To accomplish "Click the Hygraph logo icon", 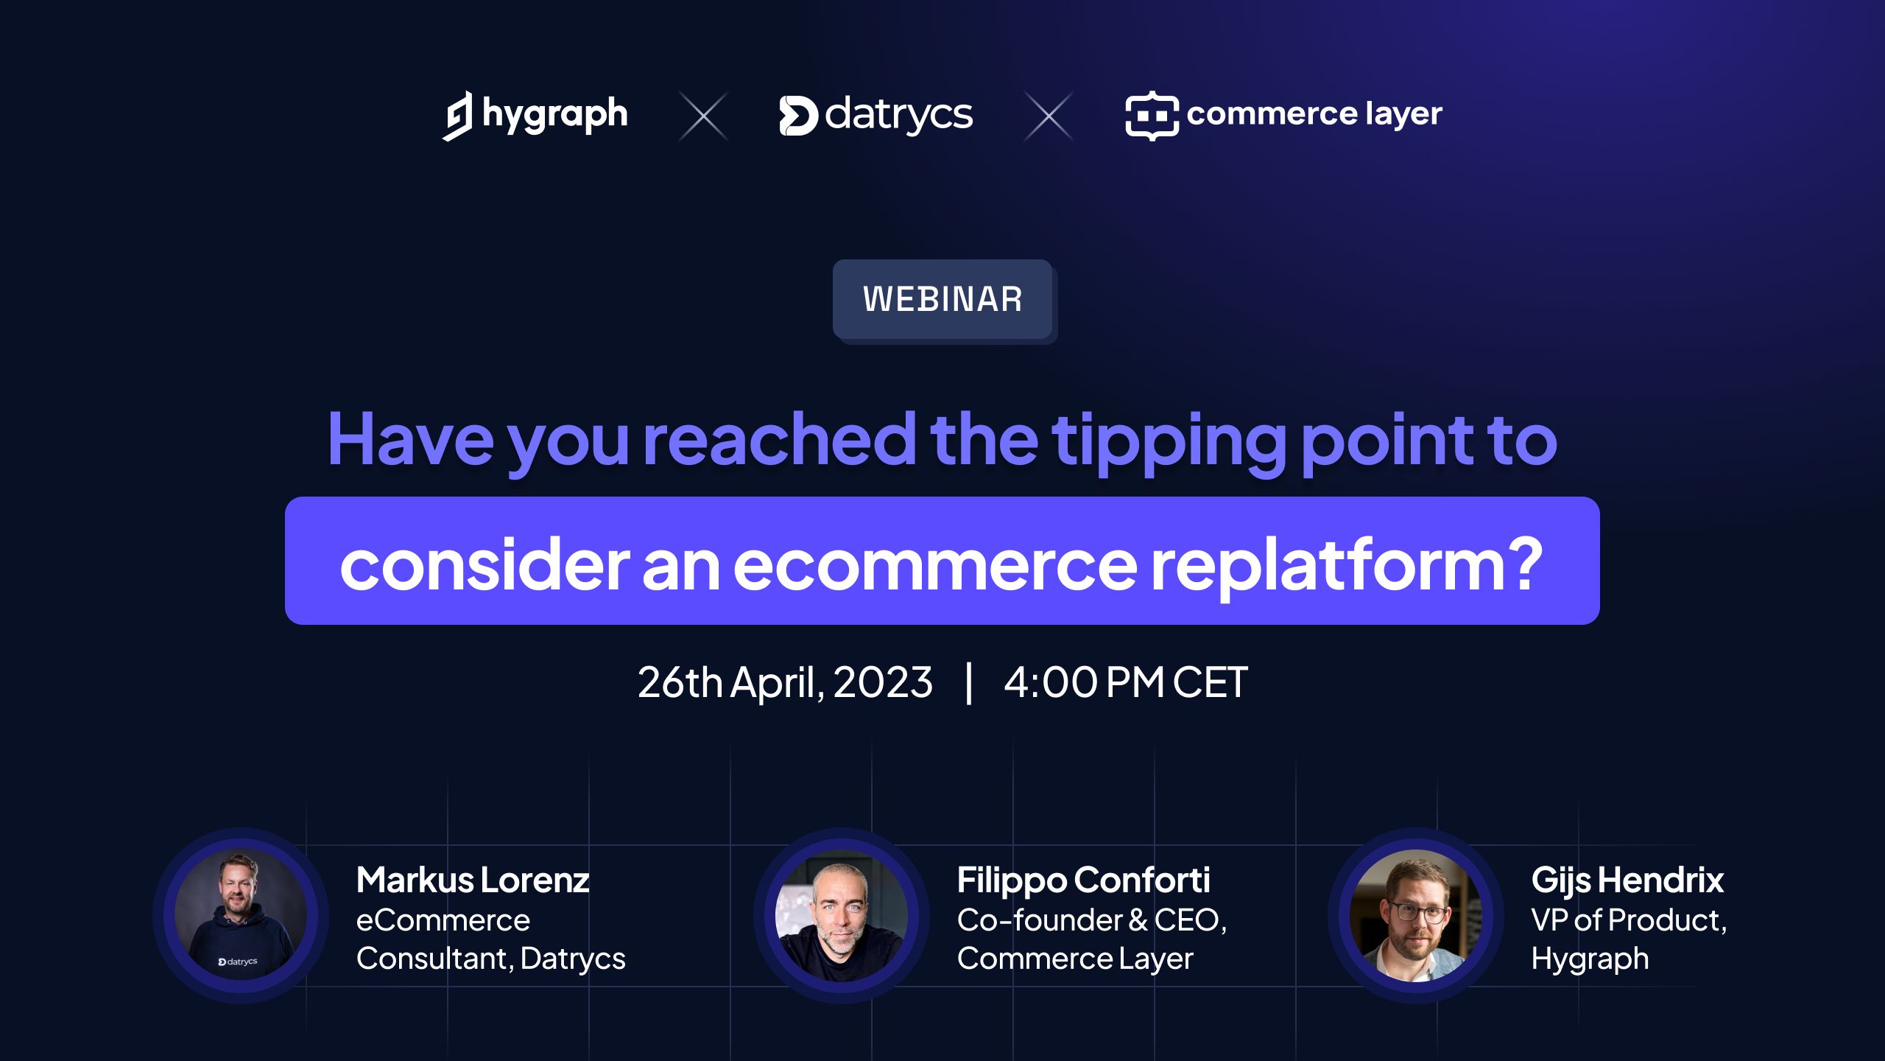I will [x=457, y=116].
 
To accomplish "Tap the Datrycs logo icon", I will [x=798, y=116].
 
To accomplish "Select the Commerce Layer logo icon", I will [x=1152, y=116].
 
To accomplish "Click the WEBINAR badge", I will [x=942, y=299].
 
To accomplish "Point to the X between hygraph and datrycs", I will [x=703, y=116].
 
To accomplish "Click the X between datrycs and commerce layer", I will [x=1049, y=116].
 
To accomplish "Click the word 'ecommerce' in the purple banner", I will [x=935, y=566].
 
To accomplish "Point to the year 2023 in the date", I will [x=883, y=682].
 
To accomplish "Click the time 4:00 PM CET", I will [x=1126, y=682].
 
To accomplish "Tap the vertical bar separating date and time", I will [x=969, y=683].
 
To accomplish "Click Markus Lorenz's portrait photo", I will [x=241, y=915].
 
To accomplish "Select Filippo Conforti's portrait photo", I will [x=842, y=915].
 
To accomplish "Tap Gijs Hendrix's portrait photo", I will [x=1416, y=915].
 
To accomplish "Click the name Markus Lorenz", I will [x=473, y=880].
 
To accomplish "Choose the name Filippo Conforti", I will [x=1083, y=880].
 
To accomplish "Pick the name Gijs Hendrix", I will [x=1627, y=880].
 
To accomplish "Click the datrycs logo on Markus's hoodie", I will [x=238, y=962].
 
